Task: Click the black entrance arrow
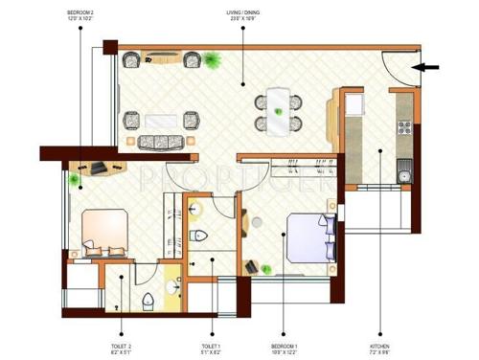429,67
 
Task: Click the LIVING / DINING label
243,15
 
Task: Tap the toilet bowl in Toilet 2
147,304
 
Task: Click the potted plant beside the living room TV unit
210,61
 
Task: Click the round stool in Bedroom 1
258,221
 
